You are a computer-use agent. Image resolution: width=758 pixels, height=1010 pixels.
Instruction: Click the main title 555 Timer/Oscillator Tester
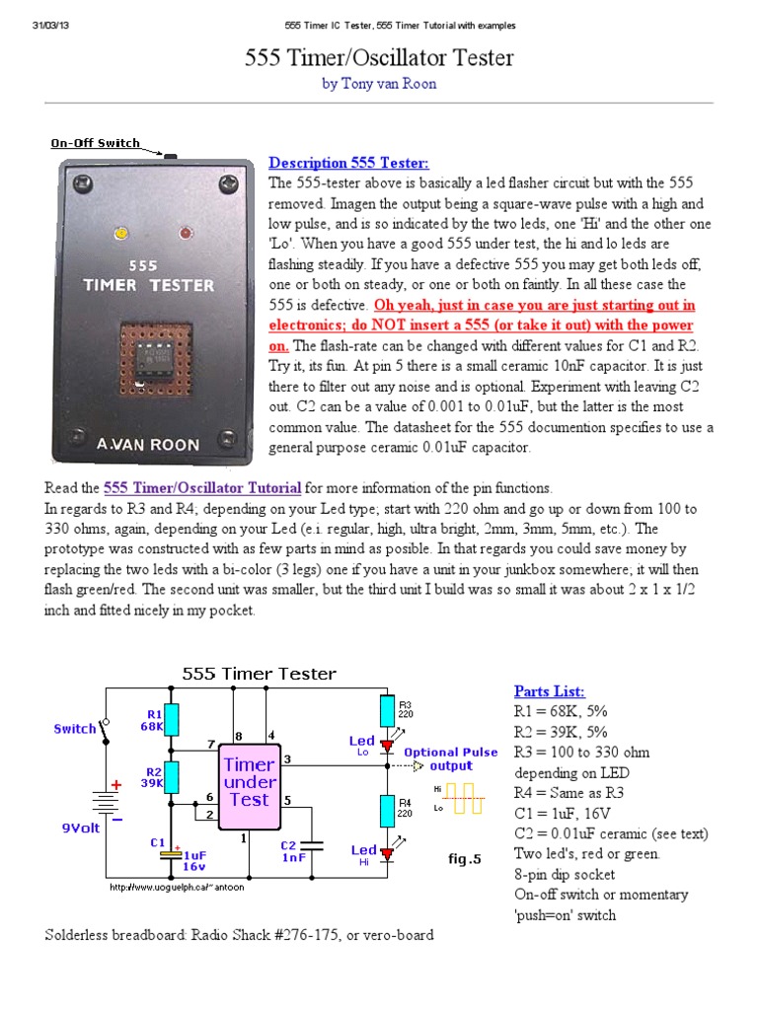[x=379, y=58]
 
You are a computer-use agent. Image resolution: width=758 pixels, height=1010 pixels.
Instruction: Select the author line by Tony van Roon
[x=379, y=85]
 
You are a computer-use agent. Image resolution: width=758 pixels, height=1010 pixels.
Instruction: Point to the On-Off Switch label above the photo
[x=96, y=143]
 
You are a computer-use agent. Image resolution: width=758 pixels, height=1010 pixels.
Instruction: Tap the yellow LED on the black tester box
[x=120, y=234]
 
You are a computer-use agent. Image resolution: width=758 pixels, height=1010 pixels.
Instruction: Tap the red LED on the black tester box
[x=185, y=234]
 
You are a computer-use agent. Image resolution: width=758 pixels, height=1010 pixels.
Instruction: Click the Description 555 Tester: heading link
[x=349, y=163]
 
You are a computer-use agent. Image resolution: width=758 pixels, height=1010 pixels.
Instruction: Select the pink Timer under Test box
[x=250, y=781]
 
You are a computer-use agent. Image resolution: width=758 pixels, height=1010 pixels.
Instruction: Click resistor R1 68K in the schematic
[x=173, y=720]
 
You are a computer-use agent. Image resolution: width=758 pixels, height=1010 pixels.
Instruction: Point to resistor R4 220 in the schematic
[x=387, y=810]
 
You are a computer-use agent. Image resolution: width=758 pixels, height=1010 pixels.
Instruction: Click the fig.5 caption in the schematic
[x=463, y=860]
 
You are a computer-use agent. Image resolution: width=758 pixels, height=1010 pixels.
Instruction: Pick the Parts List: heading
[x=549, y=690]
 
